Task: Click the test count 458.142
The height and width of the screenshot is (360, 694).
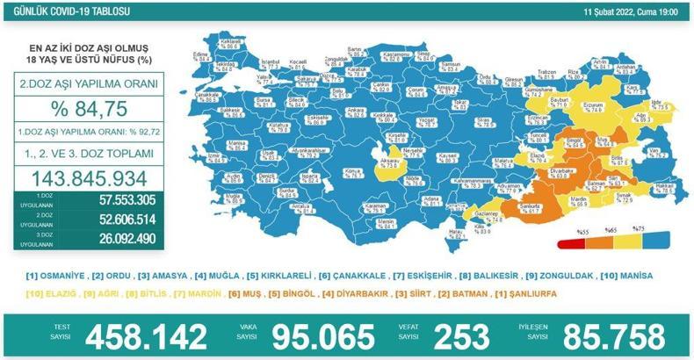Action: (146, 335)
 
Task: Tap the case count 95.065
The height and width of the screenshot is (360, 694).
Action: (319, 335)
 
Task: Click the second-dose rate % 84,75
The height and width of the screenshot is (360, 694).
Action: (89, 109)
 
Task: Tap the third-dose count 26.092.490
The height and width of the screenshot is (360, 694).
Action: (115, 238)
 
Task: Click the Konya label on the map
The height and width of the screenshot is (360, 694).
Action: (330, 168)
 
